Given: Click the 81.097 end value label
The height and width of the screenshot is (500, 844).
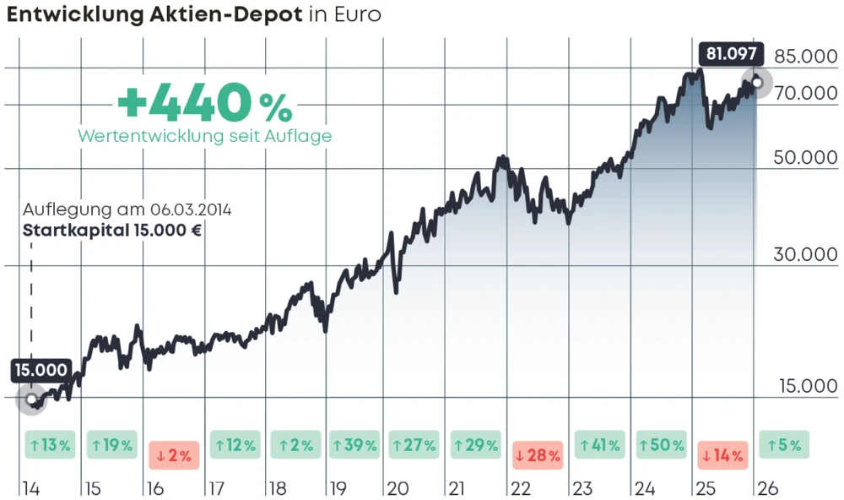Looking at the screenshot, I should click(731, 55).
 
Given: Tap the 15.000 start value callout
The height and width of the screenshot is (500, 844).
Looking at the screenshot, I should click(41, 370).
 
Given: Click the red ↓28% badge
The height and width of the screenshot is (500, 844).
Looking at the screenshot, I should click(537, 455).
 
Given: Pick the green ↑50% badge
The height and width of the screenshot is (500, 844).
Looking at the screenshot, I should click(661, 445).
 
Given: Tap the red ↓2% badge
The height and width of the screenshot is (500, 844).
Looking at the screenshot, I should click(174, 455).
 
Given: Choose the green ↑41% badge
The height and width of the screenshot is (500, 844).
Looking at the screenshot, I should click(599, 445).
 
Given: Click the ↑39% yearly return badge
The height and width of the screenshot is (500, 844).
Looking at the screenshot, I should click(354, 445).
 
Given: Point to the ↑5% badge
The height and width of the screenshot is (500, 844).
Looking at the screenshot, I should click(784, 445).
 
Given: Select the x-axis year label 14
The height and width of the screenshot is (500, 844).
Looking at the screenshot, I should click(30, 488).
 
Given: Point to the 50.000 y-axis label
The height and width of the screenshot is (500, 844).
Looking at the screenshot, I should click(806, 158).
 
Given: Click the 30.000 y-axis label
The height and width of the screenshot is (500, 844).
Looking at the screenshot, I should click(806, 255).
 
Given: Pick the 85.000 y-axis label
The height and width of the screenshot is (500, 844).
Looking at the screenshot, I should click(806, 57).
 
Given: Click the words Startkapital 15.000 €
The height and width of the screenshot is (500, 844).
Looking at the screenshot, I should click(111, 231).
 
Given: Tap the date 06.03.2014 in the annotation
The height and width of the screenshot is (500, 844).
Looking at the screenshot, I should click(192, 209).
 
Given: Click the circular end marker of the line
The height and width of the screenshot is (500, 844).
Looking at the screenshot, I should click(757, 83).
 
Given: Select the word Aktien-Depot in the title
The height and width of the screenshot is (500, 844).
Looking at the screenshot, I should click(221, 14).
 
